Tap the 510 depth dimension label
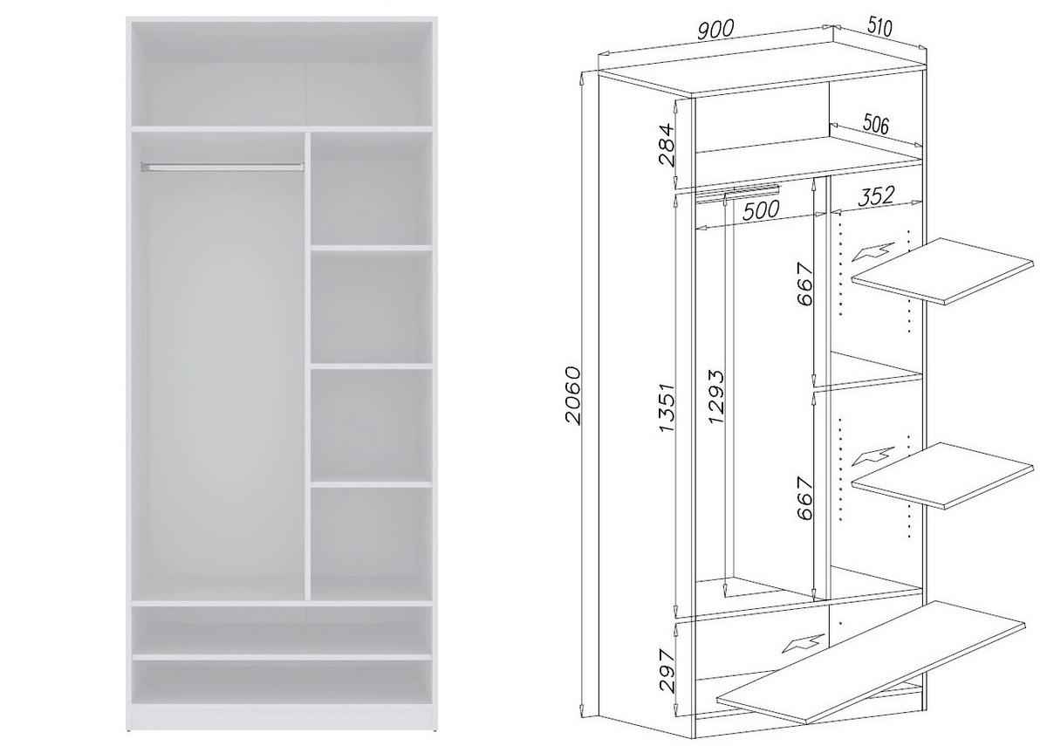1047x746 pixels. click(x=879, y=27)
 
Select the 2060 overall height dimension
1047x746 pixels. click(x=572, y=395)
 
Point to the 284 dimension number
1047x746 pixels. click(x=666, y=145)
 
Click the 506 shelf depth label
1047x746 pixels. click(x=875, y=125)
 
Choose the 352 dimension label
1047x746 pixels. click(x=876, y=196)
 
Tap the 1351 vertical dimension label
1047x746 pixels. click(x=667, y=407)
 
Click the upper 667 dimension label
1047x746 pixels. click(x=804, y=285)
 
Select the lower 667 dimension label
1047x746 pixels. click(x=804, y=499)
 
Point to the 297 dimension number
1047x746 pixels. click(x=666, y=670)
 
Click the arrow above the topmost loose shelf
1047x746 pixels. click(x=873, y=252)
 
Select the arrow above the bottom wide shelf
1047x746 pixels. click(x=803, y=644)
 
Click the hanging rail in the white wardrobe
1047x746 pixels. click(x=222, y=166)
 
